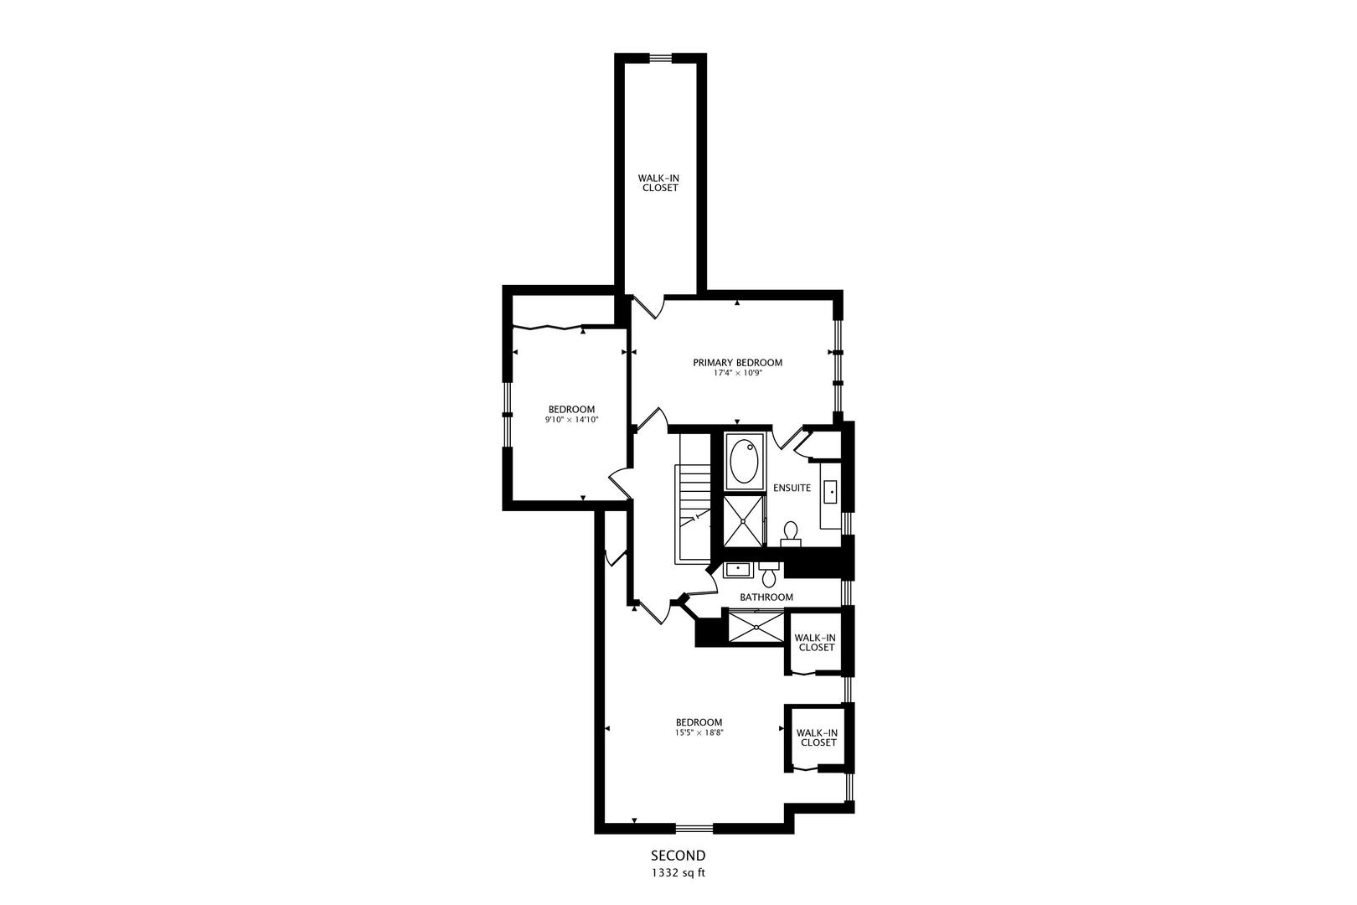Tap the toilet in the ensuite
[790, 533]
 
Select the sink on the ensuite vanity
[830, 492]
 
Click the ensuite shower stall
[744, 520]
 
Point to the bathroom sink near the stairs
[738, 570]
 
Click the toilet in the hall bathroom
[769, 574]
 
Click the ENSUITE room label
[792, 488]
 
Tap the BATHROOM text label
[766, 597]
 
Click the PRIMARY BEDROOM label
[737, 363]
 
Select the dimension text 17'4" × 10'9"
[737, 373]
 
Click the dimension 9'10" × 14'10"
[571, 419]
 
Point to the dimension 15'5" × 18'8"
[699, 732]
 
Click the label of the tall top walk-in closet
[659, 183]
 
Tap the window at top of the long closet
[662, 58]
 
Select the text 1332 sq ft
[678, 872]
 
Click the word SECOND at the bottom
[678, 856]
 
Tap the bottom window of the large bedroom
[694, 829]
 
